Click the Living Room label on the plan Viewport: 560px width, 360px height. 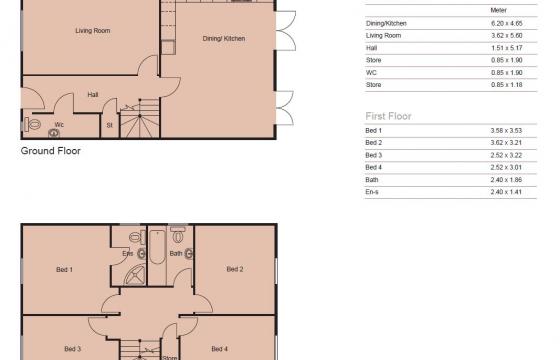point(92,31)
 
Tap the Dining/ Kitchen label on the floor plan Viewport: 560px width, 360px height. point(223,39)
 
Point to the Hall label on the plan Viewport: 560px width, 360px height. point(92,95)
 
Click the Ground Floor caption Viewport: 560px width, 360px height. point(50,152)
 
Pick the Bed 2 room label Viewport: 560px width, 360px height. point(235,269)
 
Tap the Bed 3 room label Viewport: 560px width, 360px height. point(72,348)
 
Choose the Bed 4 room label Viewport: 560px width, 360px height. point(220,348)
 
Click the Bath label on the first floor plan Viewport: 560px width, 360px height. point(176,254)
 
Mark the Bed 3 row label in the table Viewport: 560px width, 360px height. point(374,155)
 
